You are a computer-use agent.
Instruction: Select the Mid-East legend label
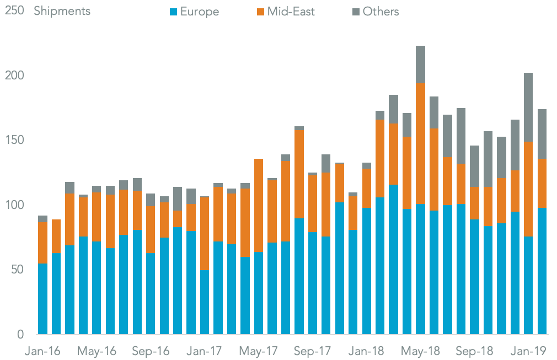tap(291, 12)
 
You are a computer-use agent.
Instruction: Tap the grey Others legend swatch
tap(354, 12)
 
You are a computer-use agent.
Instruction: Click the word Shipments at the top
tap(62, 11)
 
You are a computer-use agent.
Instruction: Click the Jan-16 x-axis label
tap(42, 351)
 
